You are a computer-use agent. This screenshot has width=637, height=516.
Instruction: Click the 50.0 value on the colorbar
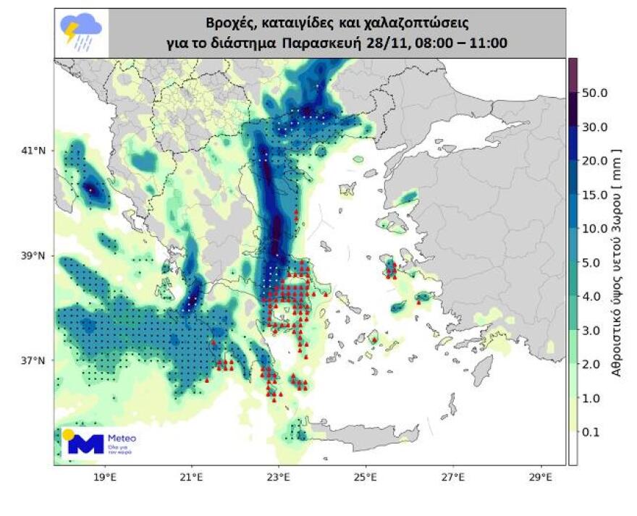tap(595, 93)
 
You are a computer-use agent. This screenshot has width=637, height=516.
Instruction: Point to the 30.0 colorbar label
tap(595, 127)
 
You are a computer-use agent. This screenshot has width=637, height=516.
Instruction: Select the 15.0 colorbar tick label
tap(595, 195)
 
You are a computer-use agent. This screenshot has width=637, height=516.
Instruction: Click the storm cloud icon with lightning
tap(82, 33)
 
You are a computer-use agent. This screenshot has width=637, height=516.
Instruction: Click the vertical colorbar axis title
tap(617, 261)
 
